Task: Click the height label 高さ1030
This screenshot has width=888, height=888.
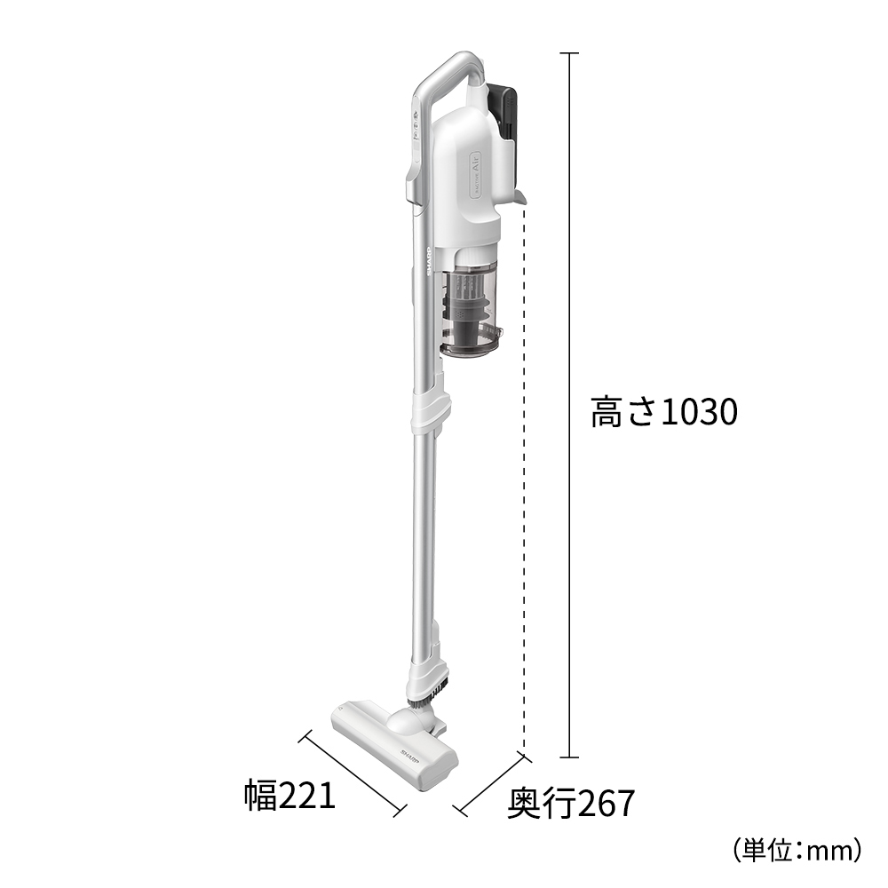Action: [x=664, y=412]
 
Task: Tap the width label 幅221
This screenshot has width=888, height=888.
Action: [x=290, y=795]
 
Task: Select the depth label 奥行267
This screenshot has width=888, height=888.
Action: [x=571, y=804]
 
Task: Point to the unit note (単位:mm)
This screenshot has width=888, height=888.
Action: [x=797, y=850]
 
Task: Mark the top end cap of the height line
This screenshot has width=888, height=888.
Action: [x=568, y=53]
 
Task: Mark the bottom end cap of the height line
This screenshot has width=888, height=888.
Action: [x=568, y=757]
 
